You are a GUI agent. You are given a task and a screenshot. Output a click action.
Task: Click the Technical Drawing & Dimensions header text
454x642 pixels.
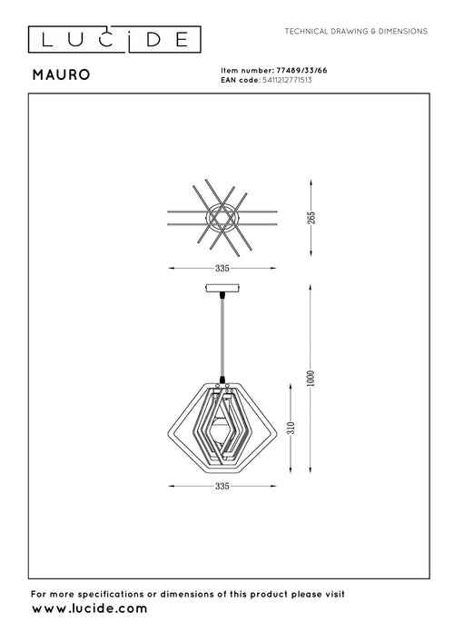click(x=356, y=31)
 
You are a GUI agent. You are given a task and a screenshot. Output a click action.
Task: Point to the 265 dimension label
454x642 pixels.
click(x=311, y=218)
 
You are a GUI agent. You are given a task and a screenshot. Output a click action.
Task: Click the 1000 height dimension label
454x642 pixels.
click(x=311, y=378)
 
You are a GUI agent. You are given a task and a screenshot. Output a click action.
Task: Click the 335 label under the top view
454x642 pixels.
click(x=222, y=269)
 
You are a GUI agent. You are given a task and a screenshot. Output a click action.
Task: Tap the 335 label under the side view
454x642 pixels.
click(x=222, y=486)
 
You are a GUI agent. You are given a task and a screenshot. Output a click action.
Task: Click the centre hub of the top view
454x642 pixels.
click(x=222, y=217)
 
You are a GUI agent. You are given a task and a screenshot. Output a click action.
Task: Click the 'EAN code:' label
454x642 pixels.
click(x=241, y=79)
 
